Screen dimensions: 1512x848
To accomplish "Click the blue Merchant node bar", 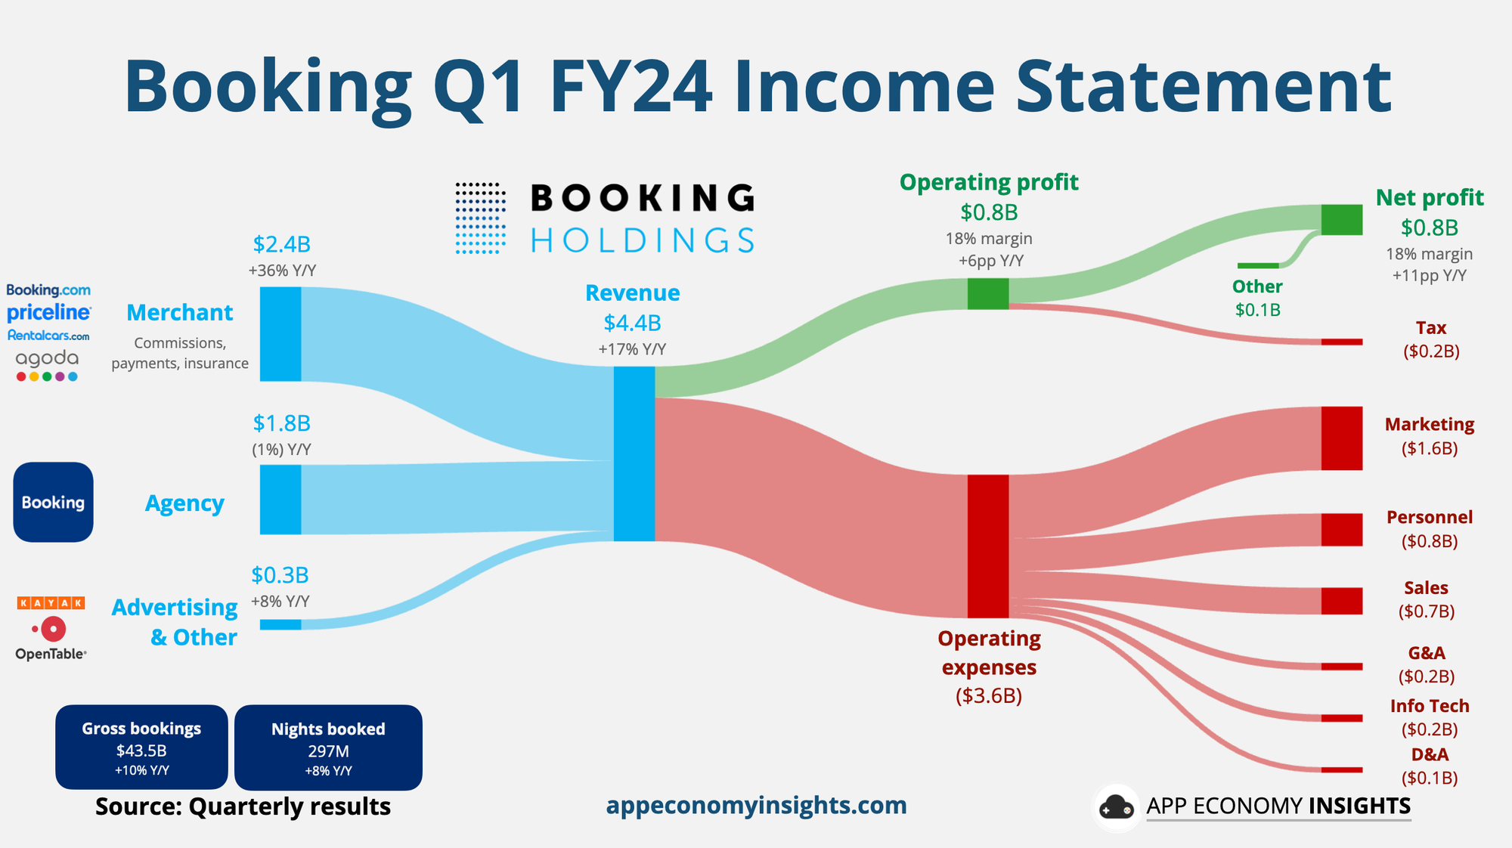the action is pyautogui.click(x=280, y=334).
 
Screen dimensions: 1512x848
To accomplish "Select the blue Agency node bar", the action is pyautogui.click(x=280, y=500).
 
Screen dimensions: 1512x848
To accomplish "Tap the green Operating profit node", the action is pyautogui.click(x=988, y=293).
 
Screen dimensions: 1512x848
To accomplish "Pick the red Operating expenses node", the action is pyautogui.click(x=988, y=546).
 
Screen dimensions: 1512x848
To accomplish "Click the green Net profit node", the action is pyautogui.click(x=1342, y=219).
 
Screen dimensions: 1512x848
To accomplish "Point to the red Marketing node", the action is pyautogui.click(x=1342, y=438).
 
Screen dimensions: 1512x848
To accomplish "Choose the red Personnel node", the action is pyautogui.click(x=1342, y=530).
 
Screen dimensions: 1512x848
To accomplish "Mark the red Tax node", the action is pyautogui.click(x=1342, y=342).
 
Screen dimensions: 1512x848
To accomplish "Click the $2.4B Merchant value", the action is pyautogui.click(x=281, y=244).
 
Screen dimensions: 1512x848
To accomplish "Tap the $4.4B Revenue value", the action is pyautogui.click(x=632, y=323).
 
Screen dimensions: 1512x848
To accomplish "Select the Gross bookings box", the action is pyautogui.click(x=141, y=747).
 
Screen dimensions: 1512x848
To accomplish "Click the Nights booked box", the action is pyautogui.click(x=328, y=747).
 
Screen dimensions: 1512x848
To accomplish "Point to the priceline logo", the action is pyautogui.click(x=49, y=312).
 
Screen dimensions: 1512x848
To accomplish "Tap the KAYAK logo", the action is pyautogui.click(x=51, y=602).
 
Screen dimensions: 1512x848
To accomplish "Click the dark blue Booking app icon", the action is pyautogui.click(x=53, y=502).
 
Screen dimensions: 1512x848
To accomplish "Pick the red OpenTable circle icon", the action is pyautogui.click(x=52, y=629).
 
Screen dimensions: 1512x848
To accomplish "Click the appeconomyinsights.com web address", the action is pyautogui.click(x=756, y=806).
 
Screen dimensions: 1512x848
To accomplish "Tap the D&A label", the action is pyautogui.click(x=1430, y=754).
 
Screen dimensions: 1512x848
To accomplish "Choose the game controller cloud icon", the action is pyautogui.click(x=1117, y=807).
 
